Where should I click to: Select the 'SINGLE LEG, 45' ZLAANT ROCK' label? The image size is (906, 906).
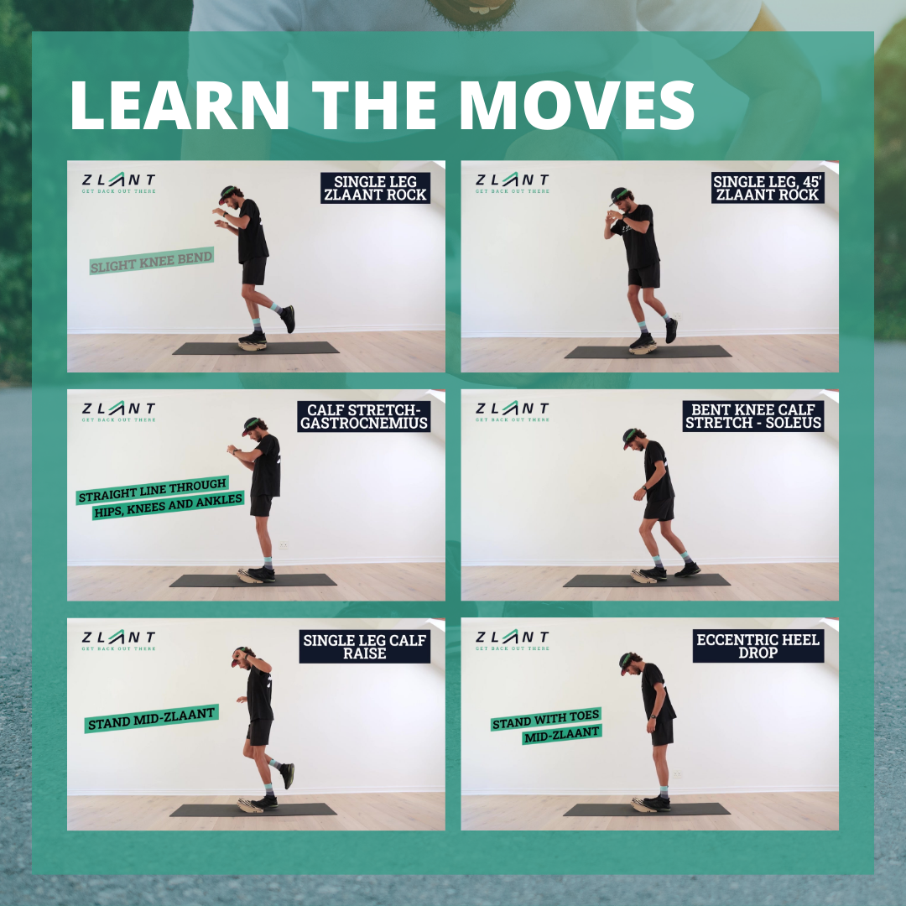[767, 189]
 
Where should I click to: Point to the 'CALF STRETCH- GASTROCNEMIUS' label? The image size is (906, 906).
[364, 417]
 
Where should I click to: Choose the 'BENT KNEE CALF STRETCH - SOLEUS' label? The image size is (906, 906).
[753, 417]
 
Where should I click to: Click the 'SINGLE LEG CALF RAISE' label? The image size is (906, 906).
[364, 647]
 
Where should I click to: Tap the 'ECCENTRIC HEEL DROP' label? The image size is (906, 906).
[758, 647]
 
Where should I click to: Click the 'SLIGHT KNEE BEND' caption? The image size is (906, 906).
[151, 260]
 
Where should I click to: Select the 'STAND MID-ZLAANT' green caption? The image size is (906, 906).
[151, 718]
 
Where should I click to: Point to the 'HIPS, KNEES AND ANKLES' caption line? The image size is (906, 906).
[168, 504]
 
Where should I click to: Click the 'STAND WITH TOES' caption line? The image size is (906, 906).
[546, 720]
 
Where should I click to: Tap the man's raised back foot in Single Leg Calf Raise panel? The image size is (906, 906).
[287, 774]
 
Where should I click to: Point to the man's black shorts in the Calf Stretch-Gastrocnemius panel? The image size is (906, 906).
[261, 503]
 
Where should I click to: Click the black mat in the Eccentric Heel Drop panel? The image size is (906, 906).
[696, 810]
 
